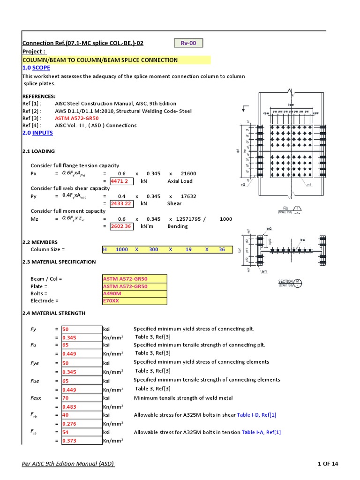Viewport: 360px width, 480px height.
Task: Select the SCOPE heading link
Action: point(41,68)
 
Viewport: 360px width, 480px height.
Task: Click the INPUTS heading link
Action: point(43,133)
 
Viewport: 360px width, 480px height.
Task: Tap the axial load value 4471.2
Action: point(121,181)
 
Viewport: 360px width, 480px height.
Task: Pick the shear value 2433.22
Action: point(121,203)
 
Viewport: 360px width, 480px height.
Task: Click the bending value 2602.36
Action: point(121,226)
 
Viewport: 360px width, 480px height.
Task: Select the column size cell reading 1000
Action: point(121,249)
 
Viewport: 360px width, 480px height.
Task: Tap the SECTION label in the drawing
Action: point(285,281)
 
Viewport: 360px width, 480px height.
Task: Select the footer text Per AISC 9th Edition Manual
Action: point(68,464)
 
